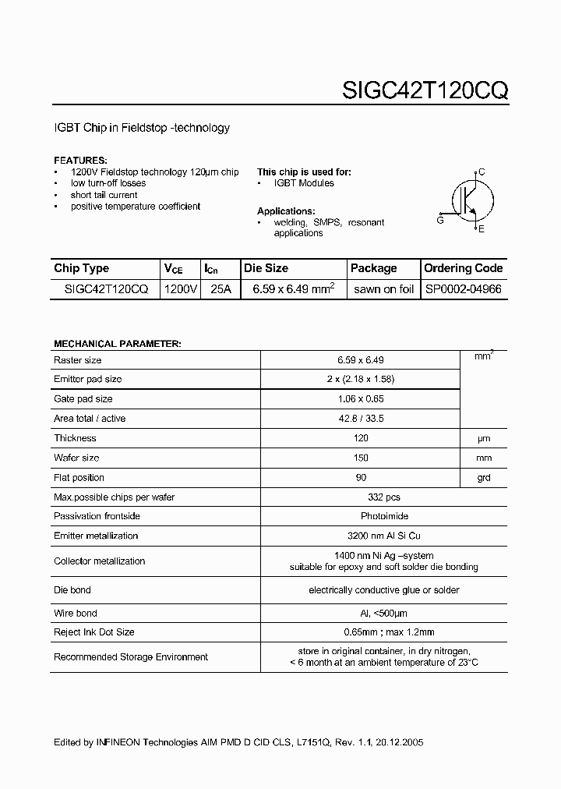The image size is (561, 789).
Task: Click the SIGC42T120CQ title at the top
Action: click(x=425, y=90)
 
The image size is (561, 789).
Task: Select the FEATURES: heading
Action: click(x=80, y=160)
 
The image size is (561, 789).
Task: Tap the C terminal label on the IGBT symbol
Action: click(x=482, y=172)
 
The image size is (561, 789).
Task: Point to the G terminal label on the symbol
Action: click(x=440, y=221)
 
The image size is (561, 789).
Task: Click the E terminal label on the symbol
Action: click(x=481, y=228)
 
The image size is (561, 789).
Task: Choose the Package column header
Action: click(x=373, y=268)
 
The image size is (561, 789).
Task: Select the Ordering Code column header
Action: click(x=463, y=268)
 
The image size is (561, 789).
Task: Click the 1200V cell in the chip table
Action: click(x=181, y=288)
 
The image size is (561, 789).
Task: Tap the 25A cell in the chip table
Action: click(x=221, y=288)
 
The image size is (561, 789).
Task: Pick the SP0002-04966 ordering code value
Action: click(x=463, y=288)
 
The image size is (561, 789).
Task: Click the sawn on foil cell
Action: click(x=383, y=288)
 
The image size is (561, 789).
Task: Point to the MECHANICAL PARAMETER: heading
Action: click(x=117, y=344)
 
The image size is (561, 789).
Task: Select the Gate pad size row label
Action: click(x=83, y=399)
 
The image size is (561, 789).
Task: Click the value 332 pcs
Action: click(x=361, y=497)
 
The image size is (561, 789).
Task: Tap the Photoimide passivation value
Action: click(x=361, y=516)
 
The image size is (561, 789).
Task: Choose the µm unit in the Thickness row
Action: click(x=484, y=438)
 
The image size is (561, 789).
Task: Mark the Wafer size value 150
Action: click(x=361, y=458)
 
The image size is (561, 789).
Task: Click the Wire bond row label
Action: click(x=75, y=614)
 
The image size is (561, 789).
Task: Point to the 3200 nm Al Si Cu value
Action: click(x=361, y=536)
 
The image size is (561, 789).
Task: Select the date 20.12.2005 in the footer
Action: click(x=398, y=743)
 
